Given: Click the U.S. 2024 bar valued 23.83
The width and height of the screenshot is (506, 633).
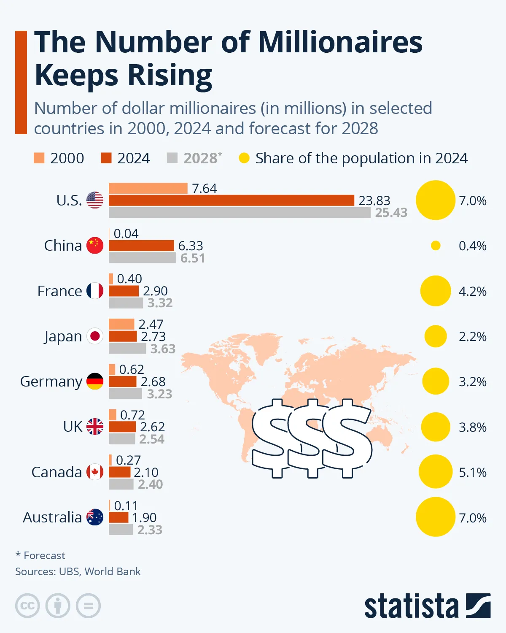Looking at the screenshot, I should click(x=231, y=200).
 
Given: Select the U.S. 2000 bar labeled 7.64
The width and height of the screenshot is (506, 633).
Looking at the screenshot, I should click(x=148, y=188).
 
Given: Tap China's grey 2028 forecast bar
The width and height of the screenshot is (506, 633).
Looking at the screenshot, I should click(x=142, y=258).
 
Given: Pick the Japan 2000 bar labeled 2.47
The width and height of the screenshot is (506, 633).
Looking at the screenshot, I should click(x=121, y=324).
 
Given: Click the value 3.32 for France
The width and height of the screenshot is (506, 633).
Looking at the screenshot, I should click(x=160, y=303).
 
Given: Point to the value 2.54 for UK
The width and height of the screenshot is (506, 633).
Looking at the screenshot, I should click(x=152, y=439).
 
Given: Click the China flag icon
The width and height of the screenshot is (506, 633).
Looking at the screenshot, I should click(x=95, y=246).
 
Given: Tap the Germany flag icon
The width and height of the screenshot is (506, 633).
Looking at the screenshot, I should click(x=95, y=381).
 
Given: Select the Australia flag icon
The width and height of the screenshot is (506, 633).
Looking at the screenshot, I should click(x=95, y=517).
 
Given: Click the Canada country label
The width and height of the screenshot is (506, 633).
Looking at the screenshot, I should click(x=57, y=472).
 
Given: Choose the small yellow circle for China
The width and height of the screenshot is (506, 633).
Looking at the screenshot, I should click(x=436, y=246).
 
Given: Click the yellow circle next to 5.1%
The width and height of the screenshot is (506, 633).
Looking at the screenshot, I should click(x=436, y=472).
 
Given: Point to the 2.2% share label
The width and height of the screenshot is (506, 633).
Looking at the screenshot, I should click(x=472, y=337).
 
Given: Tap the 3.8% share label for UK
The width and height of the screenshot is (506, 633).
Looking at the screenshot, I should click(x=472, y=427).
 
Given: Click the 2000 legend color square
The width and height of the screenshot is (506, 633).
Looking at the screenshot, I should click(x=39, y=158).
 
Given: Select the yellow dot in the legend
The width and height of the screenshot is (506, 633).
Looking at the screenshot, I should click(x=244, y=158).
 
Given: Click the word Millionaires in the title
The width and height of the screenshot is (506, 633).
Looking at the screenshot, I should click(x=340, y=42).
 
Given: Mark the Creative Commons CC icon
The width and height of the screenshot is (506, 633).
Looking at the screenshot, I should click(x=27, y=606).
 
